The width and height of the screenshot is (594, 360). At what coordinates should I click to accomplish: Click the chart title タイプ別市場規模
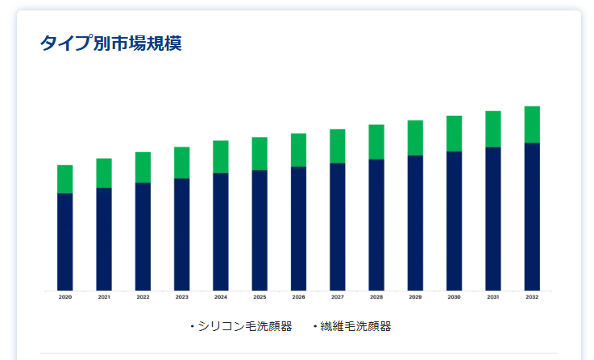pyautogui.click(x=110, y=43)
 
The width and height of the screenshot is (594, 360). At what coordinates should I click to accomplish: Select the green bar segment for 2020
pyautogui.click(x=65, y=179)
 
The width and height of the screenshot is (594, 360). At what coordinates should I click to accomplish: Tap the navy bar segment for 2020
pyautogui.click(x=65, y=242)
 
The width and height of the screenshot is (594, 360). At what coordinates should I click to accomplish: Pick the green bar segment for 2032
pyautogui.click(x=532, y=124)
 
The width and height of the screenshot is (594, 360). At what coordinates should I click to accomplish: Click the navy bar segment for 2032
pyautogui.click(x=532, y=217)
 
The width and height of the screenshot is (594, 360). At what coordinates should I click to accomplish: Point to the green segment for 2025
pyautogui.click(x=260, y=153)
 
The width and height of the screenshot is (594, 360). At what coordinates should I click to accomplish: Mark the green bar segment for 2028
pyautogui.click(x=376, y=142)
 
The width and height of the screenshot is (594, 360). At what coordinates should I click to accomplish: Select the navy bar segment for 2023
pyautogui.click(x=182, y=234)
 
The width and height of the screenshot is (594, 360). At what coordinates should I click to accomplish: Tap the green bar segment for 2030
pyautogui.click(x=455, y=133)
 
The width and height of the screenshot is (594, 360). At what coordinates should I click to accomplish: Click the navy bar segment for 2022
pyautogui.click(x=143, y=236)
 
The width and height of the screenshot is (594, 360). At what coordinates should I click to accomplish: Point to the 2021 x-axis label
pyautogui.click(x=104, y=297)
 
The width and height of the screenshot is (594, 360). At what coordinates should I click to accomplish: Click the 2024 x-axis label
pyautogui.click(x=221, y=297)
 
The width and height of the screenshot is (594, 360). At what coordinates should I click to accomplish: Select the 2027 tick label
pyautogui.click(x=338, y=297)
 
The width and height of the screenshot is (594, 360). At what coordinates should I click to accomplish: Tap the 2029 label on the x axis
pyautogui.click(x=415, y=297)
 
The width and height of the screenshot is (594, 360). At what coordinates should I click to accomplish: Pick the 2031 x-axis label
pyautogui.click(x=493, y=297)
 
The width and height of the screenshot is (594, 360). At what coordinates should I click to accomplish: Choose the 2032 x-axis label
pyautogui.click(x=532, y=297)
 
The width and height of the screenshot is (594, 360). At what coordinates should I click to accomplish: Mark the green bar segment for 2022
pyautogui.click(x=143, y=167)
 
